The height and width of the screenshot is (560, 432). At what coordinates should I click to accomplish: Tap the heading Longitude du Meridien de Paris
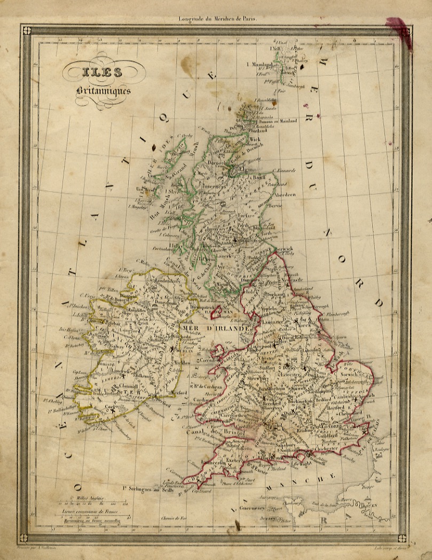tap(219, 19)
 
